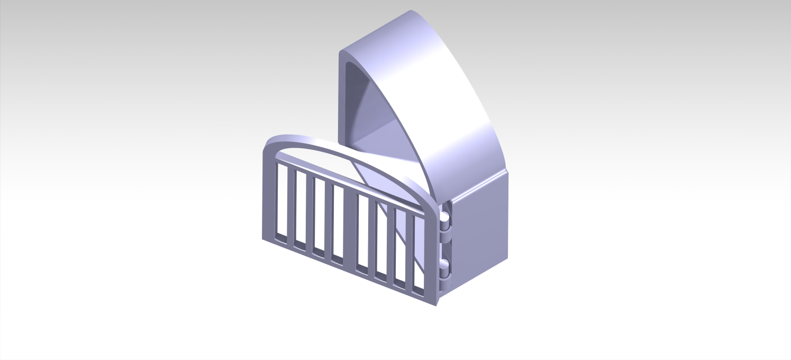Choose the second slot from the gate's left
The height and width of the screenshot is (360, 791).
coord(301,209)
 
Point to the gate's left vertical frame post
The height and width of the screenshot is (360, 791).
coord(268,196)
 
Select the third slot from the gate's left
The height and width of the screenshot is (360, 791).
coord(319,216)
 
